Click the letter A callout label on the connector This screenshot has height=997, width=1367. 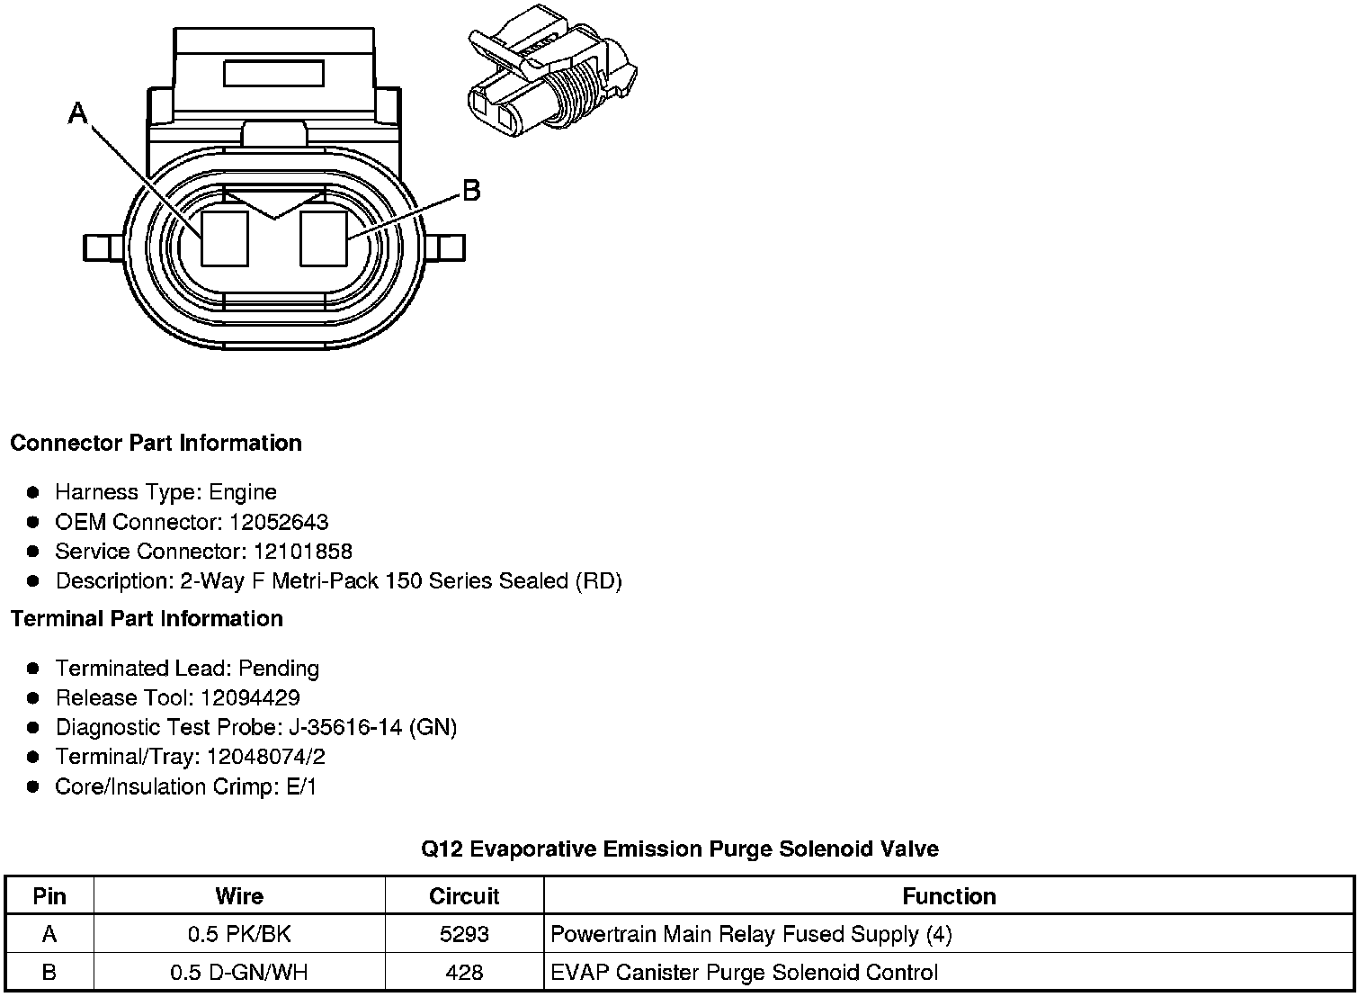(78, 112)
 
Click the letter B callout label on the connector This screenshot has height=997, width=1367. (470, 191)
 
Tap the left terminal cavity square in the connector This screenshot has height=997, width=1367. (224, 238)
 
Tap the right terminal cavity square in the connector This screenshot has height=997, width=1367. (323, 238)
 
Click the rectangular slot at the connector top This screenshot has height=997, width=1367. (273, 73)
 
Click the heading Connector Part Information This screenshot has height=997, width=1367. (156, 443)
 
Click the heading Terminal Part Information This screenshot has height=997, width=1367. (147, 618)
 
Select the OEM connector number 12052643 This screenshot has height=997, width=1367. (279, 522)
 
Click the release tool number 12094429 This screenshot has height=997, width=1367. (250, 698)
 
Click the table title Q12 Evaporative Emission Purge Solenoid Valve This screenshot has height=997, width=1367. (680, 849)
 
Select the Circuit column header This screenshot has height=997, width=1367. (464, 896)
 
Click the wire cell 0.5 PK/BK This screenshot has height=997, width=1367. (239, 934)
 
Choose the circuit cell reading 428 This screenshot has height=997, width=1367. (464, 973)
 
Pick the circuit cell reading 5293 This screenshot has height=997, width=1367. (464, 934)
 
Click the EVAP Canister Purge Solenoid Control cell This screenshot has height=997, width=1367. (744, 973)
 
